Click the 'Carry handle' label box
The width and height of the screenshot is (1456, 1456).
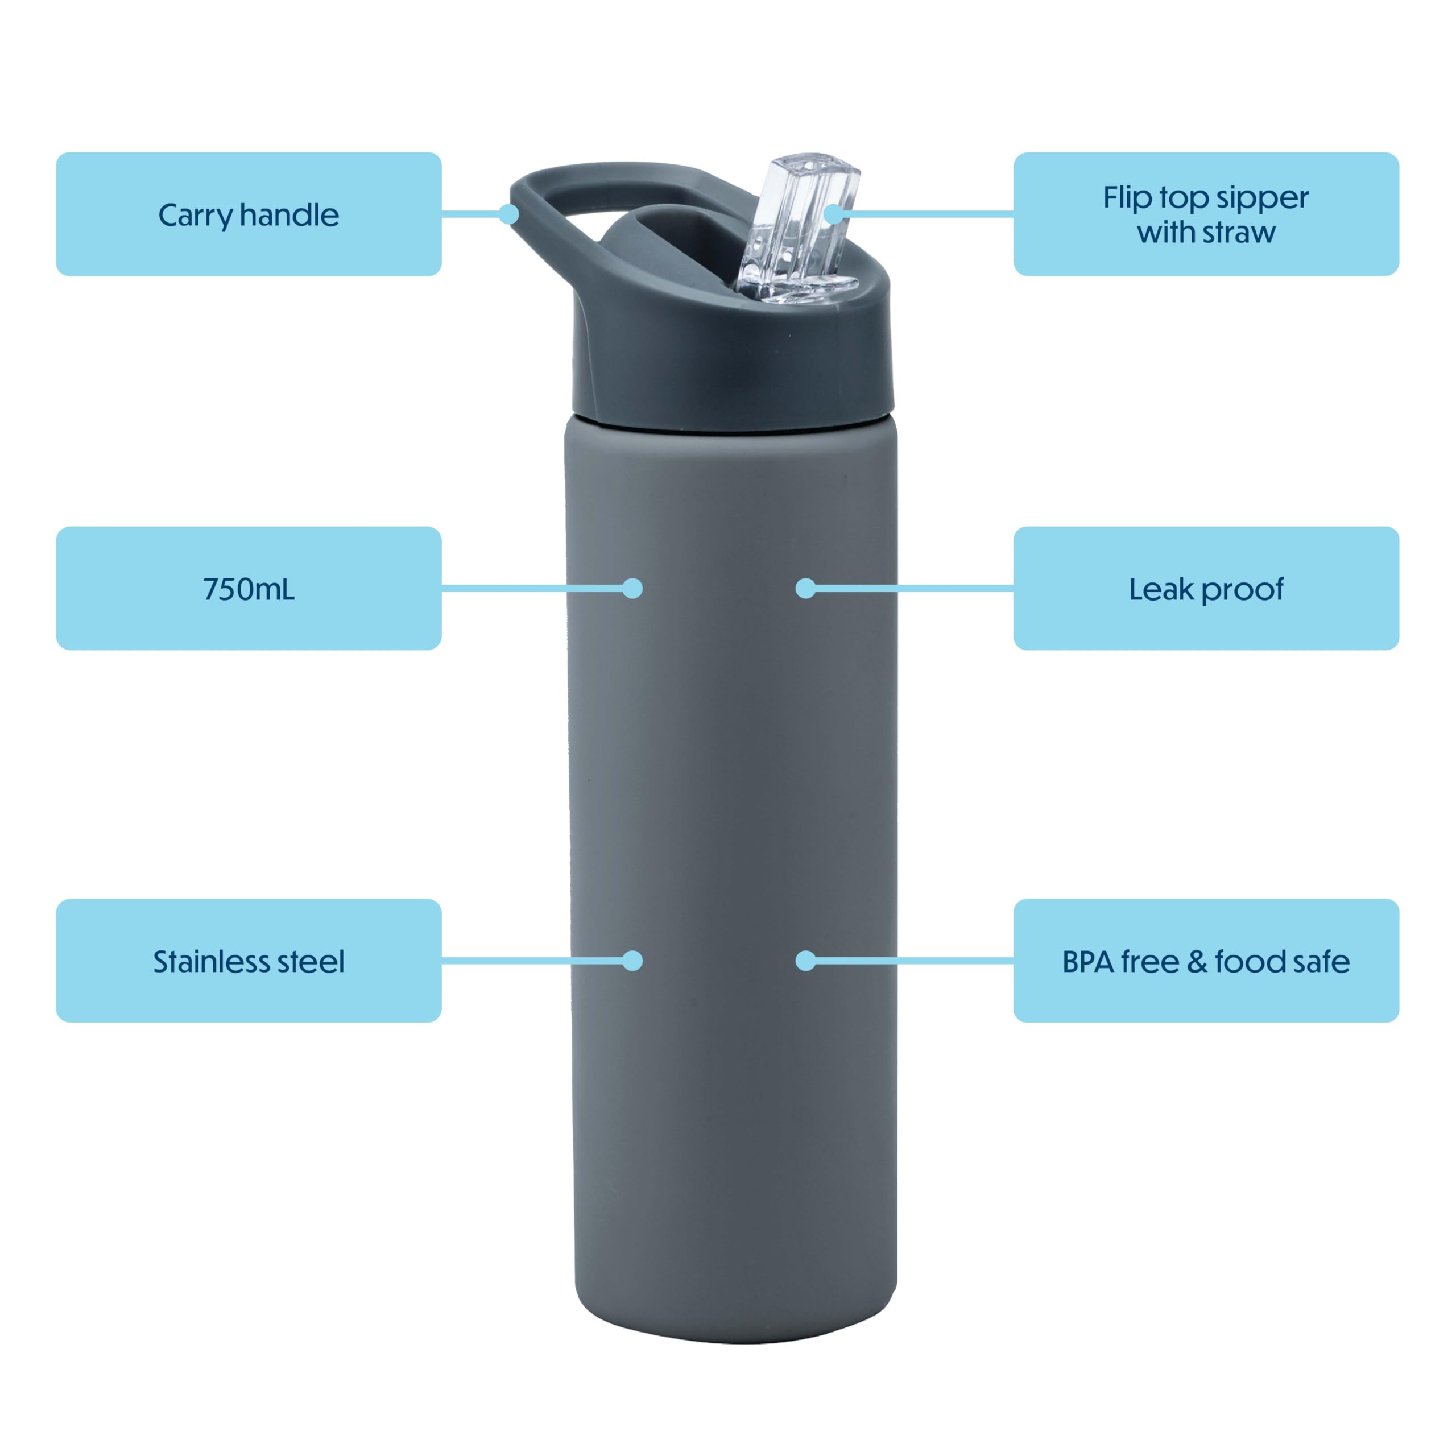(248, 214)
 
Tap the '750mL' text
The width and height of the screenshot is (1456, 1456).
(249, 589)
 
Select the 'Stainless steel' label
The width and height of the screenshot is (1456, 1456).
(248, 961)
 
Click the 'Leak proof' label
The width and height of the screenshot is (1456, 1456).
(1206, 589)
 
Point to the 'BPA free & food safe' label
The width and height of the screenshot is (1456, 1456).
(1206, 961)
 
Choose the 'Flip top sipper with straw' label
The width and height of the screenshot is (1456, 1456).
(1206, 214)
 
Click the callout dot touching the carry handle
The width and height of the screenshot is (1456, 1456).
(510, 214)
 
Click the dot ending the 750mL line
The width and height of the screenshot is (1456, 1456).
(633, 589)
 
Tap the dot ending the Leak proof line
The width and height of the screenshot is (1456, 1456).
(805, 589)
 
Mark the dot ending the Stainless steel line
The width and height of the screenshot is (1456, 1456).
(633, 961)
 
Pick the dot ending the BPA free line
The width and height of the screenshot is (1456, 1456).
(805, 961)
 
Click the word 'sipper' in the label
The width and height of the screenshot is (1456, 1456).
(1262, 198)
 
